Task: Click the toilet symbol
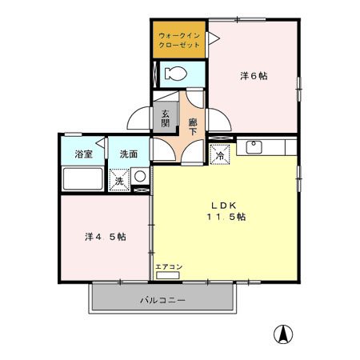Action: (175, 74)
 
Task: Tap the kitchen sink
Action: (254, 147)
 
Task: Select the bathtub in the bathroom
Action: (82, 178)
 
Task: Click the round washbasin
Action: (140, 176)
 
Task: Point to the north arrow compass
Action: (283, 334)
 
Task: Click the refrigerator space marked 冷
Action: (220, 154)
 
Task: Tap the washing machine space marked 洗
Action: (119, 180)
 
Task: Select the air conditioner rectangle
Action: (168, 275)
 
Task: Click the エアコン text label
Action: (169, 266)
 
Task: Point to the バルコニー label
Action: (162, 301)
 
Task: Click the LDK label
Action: (224, 206)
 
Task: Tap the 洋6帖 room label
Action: (254, 76)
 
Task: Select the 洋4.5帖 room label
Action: (106, 237)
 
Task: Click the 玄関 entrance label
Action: (166, 118)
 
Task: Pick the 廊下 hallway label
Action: (193, 126)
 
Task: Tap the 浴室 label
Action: (84, 154)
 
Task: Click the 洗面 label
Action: (129, 154)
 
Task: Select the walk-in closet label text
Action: (179, 40)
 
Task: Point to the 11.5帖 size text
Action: (226, 217)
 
